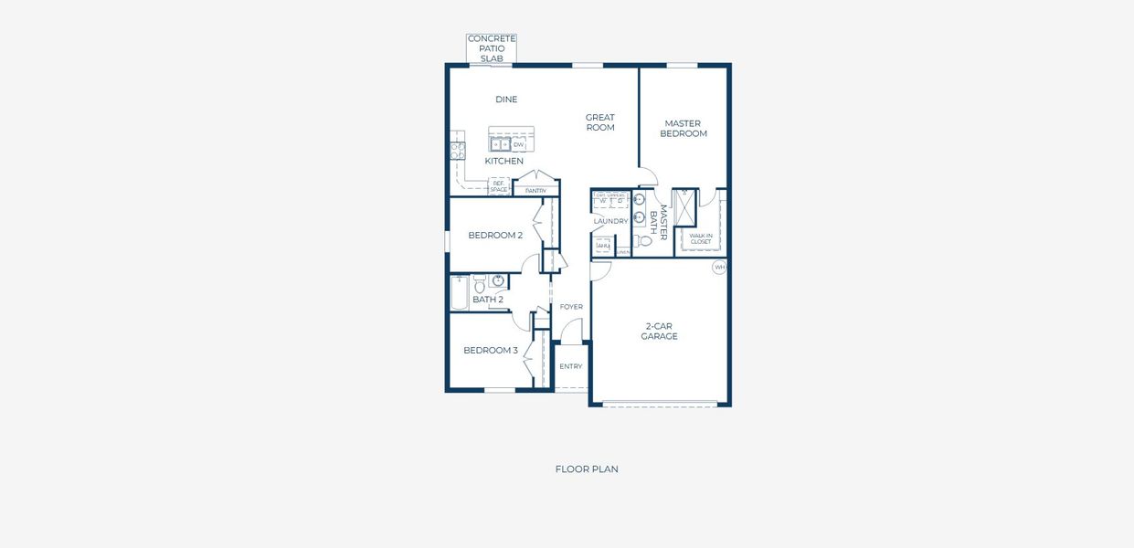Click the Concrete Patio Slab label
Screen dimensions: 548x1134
[x=492, y=48]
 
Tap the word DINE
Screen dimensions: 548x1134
[x=506, y=100]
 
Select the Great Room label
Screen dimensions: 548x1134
[x=600, y=122]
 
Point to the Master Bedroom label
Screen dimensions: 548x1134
[x=684, y=129]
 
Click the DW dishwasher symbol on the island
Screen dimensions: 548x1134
[x=518, y=144]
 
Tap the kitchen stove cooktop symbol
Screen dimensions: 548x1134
[x=458, y=151]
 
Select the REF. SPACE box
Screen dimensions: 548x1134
[x=499, y=185]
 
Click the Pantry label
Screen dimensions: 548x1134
[x=535, y=191]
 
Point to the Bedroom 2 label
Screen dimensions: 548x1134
[x=495, y=236]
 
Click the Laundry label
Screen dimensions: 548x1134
[x=610, y=221]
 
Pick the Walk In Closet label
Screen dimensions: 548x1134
[x=701, y=238]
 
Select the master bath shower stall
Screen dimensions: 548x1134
[x=684, y=206]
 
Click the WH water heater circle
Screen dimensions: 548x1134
[x=719, y=268]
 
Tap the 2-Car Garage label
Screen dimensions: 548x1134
[x=659, y=332]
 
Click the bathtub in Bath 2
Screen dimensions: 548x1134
[x=460, y=293]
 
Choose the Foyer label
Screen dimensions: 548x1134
[x=571, y=307]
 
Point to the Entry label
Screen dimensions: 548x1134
[x=571, y=366]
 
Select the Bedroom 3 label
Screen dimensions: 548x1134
[x=491, y=351]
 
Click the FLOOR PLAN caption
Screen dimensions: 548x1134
[x=587, y=469]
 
